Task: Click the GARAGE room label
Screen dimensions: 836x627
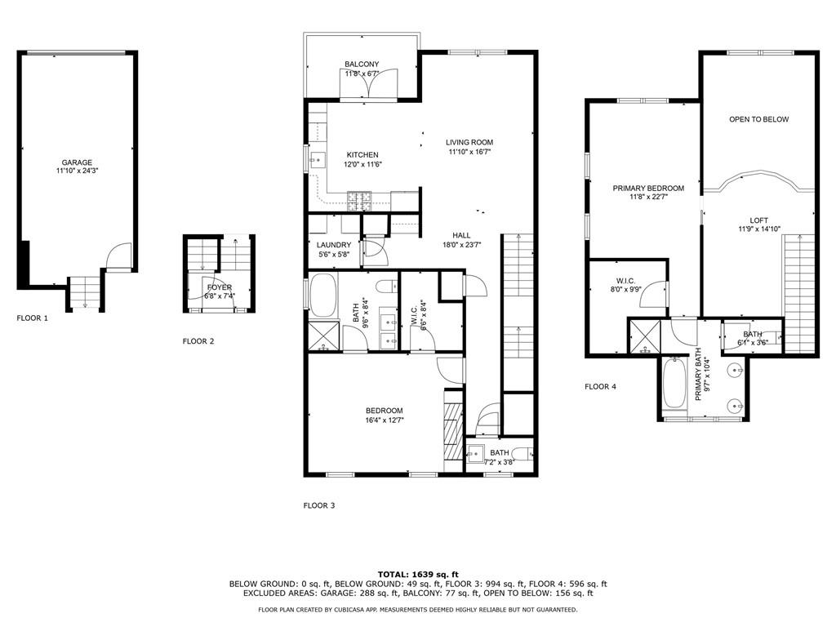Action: point(77,162)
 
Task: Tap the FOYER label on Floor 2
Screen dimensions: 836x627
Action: point(219,287)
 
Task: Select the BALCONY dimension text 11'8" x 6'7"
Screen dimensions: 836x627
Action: point(362,73)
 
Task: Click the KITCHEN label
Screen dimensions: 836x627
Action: point(362,155)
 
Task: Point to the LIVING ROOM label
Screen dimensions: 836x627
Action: point(469,142)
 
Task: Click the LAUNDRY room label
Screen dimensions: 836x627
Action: point(334,245)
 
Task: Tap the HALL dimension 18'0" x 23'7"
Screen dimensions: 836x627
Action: point(462,245)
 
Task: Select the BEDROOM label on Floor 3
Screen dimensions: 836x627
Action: point(384,411)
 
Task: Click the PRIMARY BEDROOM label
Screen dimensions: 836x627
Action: point(647,189)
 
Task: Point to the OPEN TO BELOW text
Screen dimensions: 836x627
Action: point(758,119)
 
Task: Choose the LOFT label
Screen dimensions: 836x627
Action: point(758,220)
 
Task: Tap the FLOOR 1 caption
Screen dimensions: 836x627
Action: point(32,318)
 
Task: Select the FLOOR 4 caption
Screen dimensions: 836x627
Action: point(600,386)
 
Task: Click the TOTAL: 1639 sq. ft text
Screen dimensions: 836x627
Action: point(418,574)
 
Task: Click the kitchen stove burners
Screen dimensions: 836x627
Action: point(359,201)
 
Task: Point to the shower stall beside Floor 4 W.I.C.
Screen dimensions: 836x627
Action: point(646,336)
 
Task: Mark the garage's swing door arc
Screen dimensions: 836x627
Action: point(118,255)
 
